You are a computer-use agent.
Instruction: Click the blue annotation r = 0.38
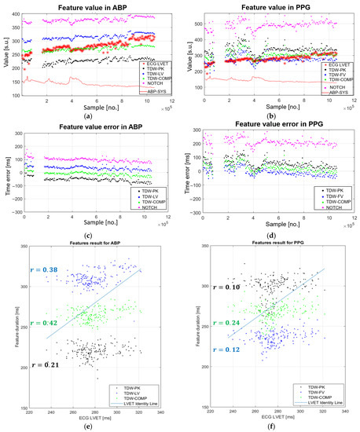tap(39, 270)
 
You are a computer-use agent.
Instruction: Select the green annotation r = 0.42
tap(39, 322)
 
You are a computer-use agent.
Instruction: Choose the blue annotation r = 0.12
tap(219, 348)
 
